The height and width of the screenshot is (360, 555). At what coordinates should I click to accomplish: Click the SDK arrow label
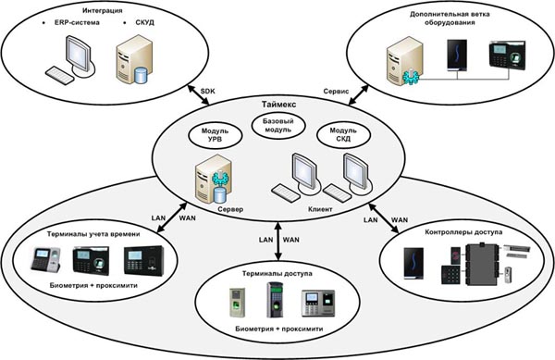(207, 91)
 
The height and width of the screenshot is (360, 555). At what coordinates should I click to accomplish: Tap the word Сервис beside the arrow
(336, 92)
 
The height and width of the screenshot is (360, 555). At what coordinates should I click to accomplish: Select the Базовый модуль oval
(278, 126)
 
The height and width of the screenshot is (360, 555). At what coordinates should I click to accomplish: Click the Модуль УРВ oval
(216, 135)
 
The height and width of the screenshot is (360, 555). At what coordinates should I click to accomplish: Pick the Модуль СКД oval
(343, 135)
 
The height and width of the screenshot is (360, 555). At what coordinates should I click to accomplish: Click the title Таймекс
(279, 105)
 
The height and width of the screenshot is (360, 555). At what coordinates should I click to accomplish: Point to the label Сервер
(230, 209)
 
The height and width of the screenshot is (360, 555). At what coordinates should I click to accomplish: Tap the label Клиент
(320, 209)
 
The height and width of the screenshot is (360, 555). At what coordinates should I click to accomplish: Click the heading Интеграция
(103, 10)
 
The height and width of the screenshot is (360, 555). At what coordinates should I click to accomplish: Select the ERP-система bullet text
(77, 22)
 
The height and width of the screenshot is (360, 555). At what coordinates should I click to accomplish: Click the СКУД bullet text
(144, 22)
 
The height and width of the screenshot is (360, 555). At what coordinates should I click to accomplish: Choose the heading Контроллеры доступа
(463, 232)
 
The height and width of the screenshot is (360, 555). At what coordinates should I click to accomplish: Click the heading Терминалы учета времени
(93, 234)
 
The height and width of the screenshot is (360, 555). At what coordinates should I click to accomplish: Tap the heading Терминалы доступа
(277, 274)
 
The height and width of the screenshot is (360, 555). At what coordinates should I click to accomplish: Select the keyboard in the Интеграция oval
(60, 75)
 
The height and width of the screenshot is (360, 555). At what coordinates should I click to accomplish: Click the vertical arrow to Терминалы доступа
(278, 241)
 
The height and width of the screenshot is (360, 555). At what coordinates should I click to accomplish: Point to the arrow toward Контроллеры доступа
(383, 218)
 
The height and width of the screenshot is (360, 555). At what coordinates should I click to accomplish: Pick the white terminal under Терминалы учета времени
(45, 260)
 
